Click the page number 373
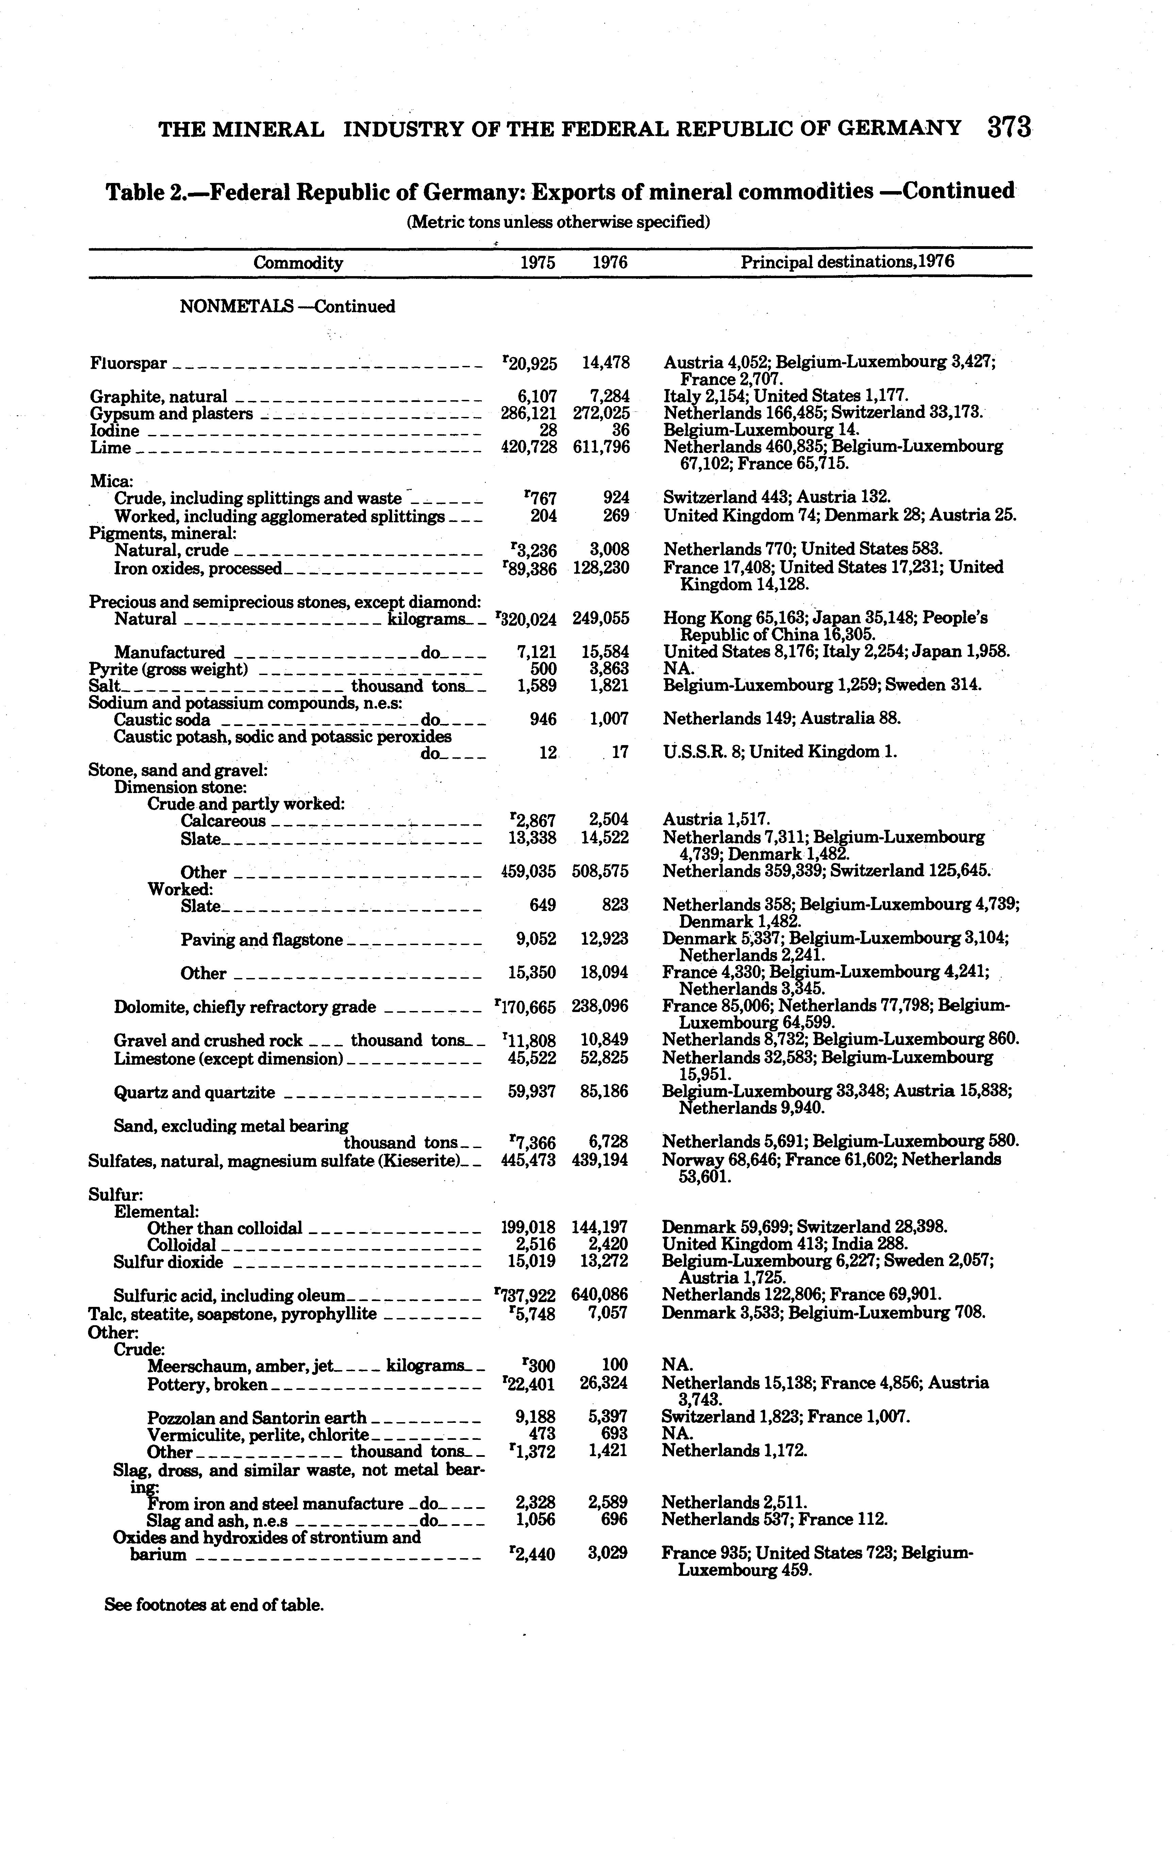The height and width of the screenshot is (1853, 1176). coord(1009,127)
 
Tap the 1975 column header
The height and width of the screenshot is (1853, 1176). coord(537,263)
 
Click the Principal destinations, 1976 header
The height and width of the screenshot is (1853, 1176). coord(846,262)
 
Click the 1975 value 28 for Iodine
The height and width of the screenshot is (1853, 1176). coord(548,430)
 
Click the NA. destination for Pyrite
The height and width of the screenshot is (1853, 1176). coord(678,669)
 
